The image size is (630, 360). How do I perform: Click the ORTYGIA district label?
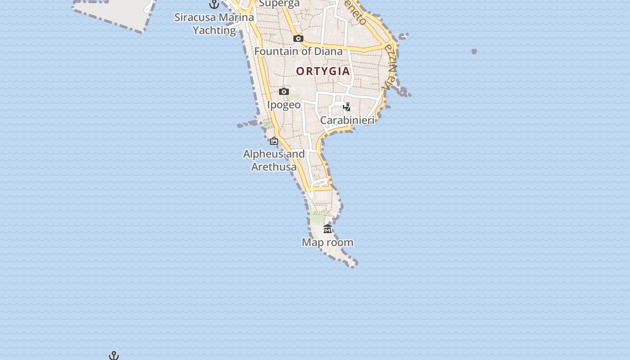(323, 71)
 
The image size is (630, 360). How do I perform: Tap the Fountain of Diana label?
(298, 51)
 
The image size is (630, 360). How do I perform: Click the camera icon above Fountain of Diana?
(298, 39)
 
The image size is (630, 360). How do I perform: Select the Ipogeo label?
(284, 105)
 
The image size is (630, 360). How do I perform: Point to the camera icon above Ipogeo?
(284, 92)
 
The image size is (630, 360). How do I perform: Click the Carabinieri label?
(347, 120)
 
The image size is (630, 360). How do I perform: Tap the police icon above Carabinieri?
(347, 107)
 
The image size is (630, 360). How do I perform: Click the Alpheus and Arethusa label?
(274, 160)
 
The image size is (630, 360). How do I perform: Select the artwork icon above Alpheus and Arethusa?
(274, 141)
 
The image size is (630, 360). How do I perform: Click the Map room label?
(328, 243)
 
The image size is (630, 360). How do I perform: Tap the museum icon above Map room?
(328, 229)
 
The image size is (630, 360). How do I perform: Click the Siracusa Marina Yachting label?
(214, 24)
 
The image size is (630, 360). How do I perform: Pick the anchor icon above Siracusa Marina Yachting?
(214, 4)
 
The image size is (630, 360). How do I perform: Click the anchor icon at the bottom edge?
(114, 356)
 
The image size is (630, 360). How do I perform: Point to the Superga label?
(279, 4)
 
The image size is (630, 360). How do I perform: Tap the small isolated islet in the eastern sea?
(474, 51)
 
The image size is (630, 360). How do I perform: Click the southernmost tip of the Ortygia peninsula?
(353, 265)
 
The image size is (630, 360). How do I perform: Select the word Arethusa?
(274, 167)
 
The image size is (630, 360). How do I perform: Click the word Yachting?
(214, 30)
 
